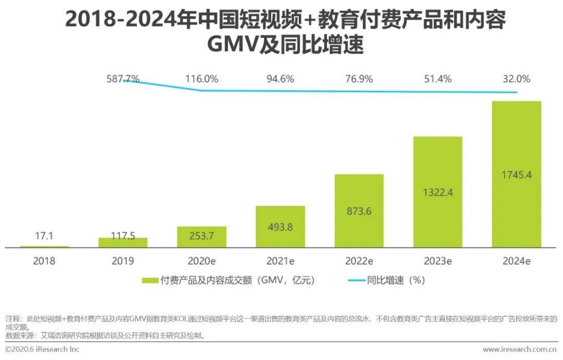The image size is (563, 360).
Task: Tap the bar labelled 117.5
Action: tap(123, 242)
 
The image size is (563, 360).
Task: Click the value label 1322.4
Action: tap(437, 192)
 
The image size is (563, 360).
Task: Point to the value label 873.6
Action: tap(359, 212)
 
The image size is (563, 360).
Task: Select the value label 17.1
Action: tap(44, 236)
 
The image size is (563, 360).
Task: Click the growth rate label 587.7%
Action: tap(123, 79)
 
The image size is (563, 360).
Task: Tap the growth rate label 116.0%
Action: tap(202, 79)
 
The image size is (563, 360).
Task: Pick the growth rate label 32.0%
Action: tap(516, 79)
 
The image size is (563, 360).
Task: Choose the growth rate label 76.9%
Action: tap(359, 79)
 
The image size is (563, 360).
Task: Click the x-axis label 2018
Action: tap(44, 261)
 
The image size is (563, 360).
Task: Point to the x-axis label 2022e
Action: tap(359, 261)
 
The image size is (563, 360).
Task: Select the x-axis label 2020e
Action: tap(202, 261)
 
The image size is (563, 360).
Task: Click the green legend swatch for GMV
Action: tap(150, 280)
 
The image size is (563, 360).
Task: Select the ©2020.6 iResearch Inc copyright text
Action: tap(42, 349)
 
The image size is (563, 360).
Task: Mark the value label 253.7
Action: tap(202, 236)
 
